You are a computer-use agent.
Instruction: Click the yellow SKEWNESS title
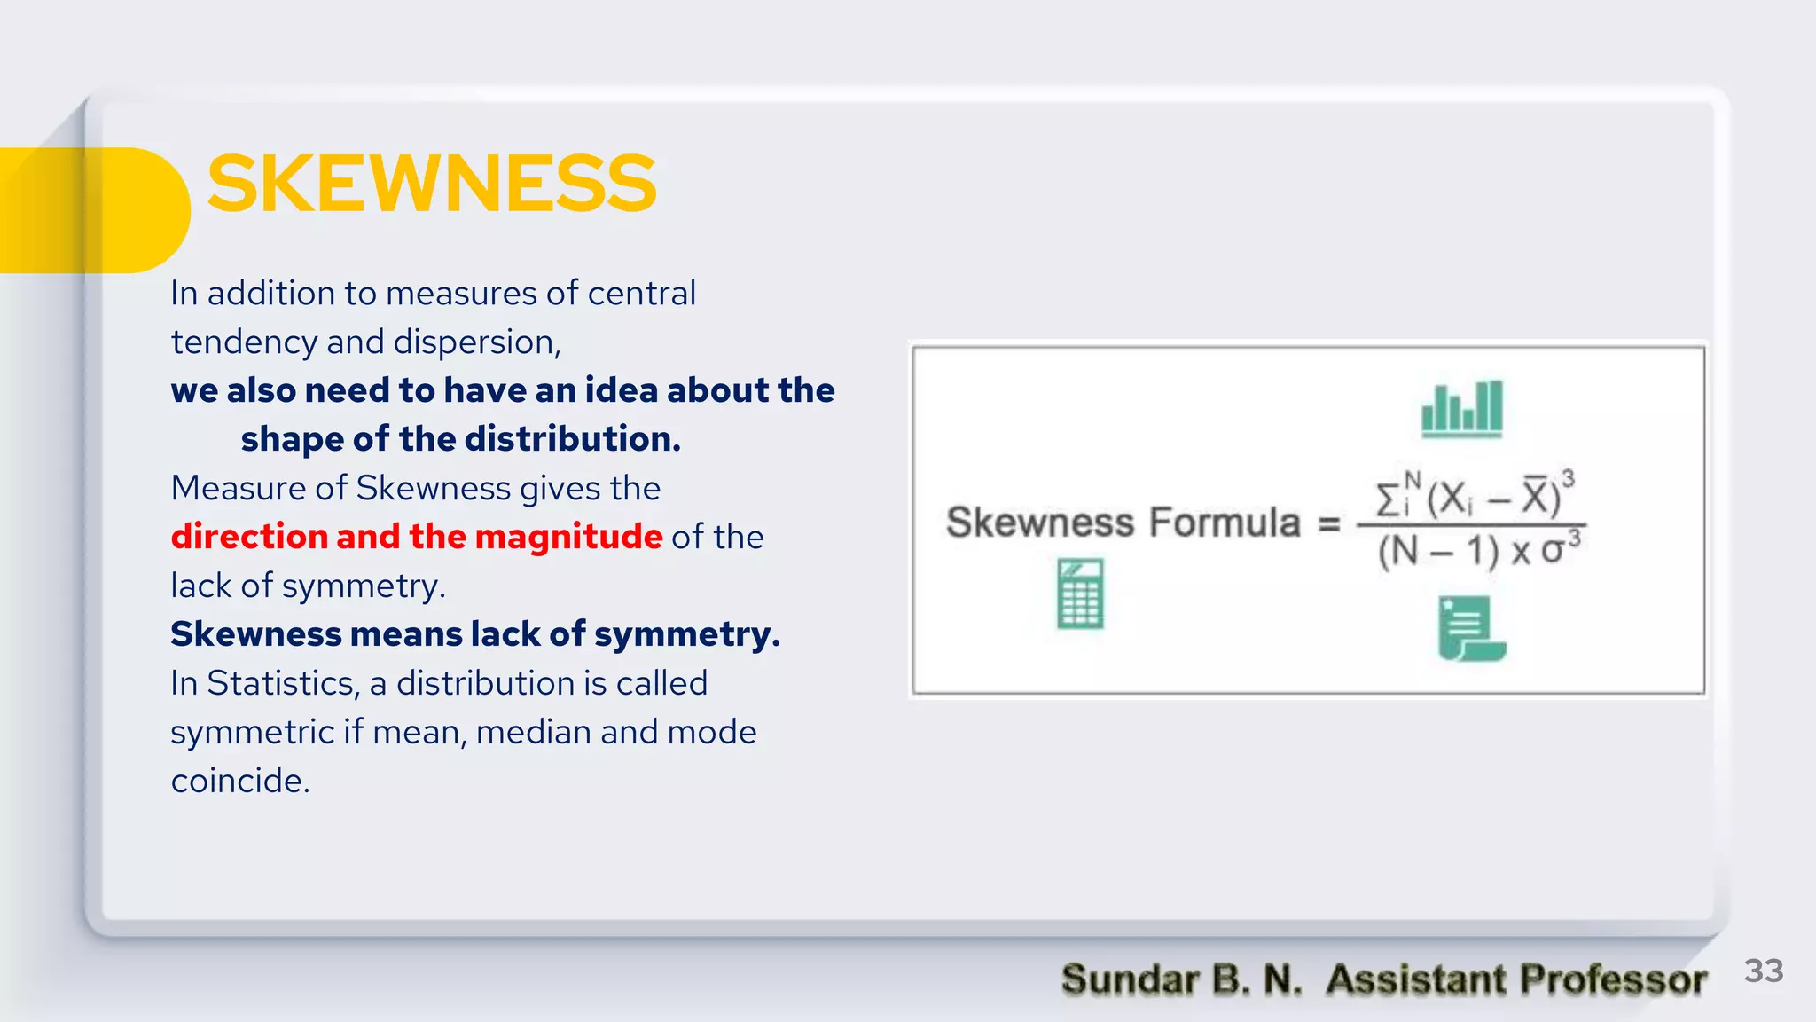(x=432, y=184)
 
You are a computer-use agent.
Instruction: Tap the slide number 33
(x=1763, y=971)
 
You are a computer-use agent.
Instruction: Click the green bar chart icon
(x=1462, y=410)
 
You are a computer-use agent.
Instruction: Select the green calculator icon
(x=1080, y=594)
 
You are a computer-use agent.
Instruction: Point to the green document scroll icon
(x=1470, y=629)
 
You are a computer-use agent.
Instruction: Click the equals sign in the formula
(x=1328, y=523)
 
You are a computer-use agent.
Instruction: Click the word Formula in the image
(x=1225, y=523)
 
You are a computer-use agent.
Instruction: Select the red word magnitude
(x=568, y=537)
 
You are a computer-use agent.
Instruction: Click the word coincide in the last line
(x=239, y=781)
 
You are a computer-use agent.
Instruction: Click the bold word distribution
(x=572, y=439)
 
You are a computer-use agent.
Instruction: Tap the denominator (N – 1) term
(x=1437, y=552)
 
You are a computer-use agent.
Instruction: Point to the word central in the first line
(x=642, y=294)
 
